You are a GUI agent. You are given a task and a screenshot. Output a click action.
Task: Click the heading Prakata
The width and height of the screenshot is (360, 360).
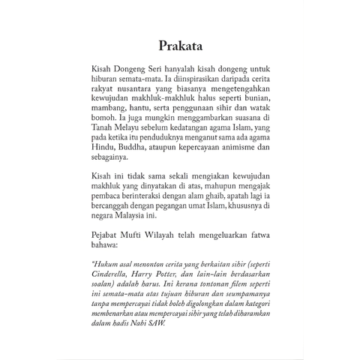(180, 43)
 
